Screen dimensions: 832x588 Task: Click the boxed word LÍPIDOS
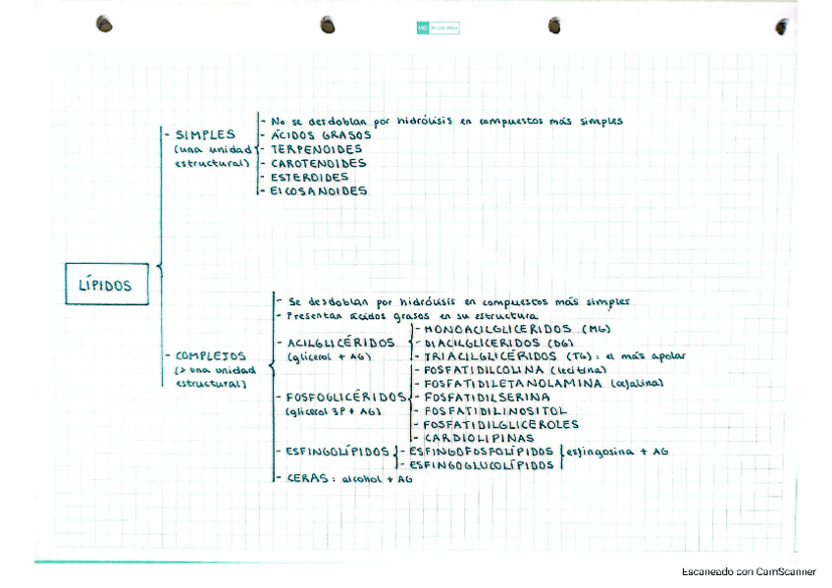[105, 286]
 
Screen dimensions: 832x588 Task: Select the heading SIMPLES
[205, 134]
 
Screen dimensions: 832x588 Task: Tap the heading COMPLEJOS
[211, 355]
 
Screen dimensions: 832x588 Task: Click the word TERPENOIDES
[316, 149]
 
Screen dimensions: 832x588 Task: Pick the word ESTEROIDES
[309, 177]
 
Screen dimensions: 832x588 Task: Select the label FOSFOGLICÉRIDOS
[344, 397]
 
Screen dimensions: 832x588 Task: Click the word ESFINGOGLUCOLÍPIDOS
[482, 464]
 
